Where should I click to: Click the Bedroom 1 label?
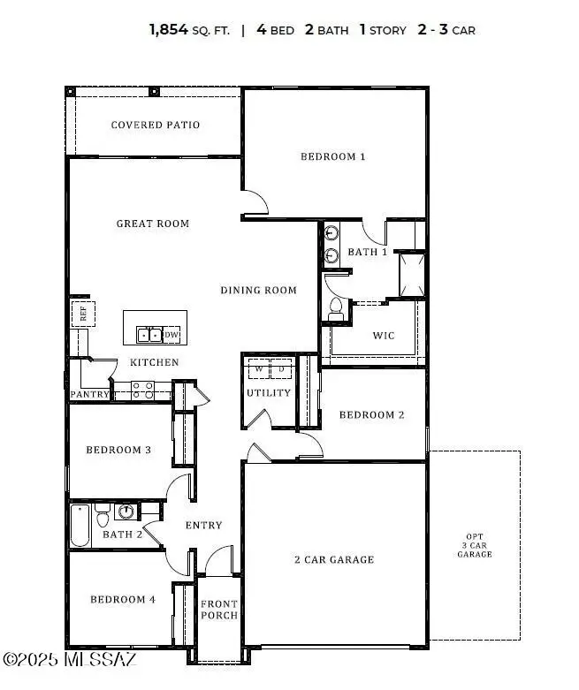(332, 157)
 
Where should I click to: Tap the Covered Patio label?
(155, 125)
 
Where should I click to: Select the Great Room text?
(153, 224)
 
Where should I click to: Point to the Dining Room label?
(258, 291)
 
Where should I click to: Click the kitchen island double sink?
(149, 335)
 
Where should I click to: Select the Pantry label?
(89, 394)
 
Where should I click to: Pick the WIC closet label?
(383, 336)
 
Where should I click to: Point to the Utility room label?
(268, 393)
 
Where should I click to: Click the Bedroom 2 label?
(371, 415)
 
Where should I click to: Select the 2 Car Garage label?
(334, 559)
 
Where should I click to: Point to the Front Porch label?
(218, 610)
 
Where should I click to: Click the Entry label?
(203, 526)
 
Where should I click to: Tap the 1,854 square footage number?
(168, 30)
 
